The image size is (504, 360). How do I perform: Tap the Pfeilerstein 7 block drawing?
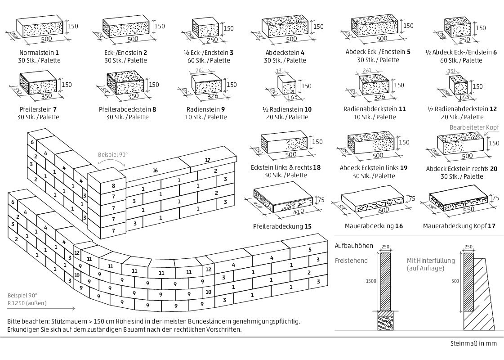[39, 85]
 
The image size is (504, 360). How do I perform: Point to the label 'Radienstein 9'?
[205, 109]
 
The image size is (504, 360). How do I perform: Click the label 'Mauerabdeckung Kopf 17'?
[459, 225]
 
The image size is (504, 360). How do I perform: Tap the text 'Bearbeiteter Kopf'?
[474, 128]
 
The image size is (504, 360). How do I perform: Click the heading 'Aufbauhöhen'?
[354, 246]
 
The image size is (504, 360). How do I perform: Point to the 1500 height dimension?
[370, 281]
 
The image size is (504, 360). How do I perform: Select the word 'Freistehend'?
[351, 261]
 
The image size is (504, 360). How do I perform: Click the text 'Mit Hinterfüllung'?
[431, 261]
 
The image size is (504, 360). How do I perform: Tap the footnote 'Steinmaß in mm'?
[473, 343]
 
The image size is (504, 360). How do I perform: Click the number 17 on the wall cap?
[207, 160]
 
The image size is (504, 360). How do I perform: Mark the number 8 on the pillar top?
[113, 185]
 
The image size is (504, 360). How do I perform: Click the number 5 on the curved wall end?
[310, 250]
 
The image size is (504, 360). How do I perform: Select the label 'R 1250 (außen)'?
[27, 303]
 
